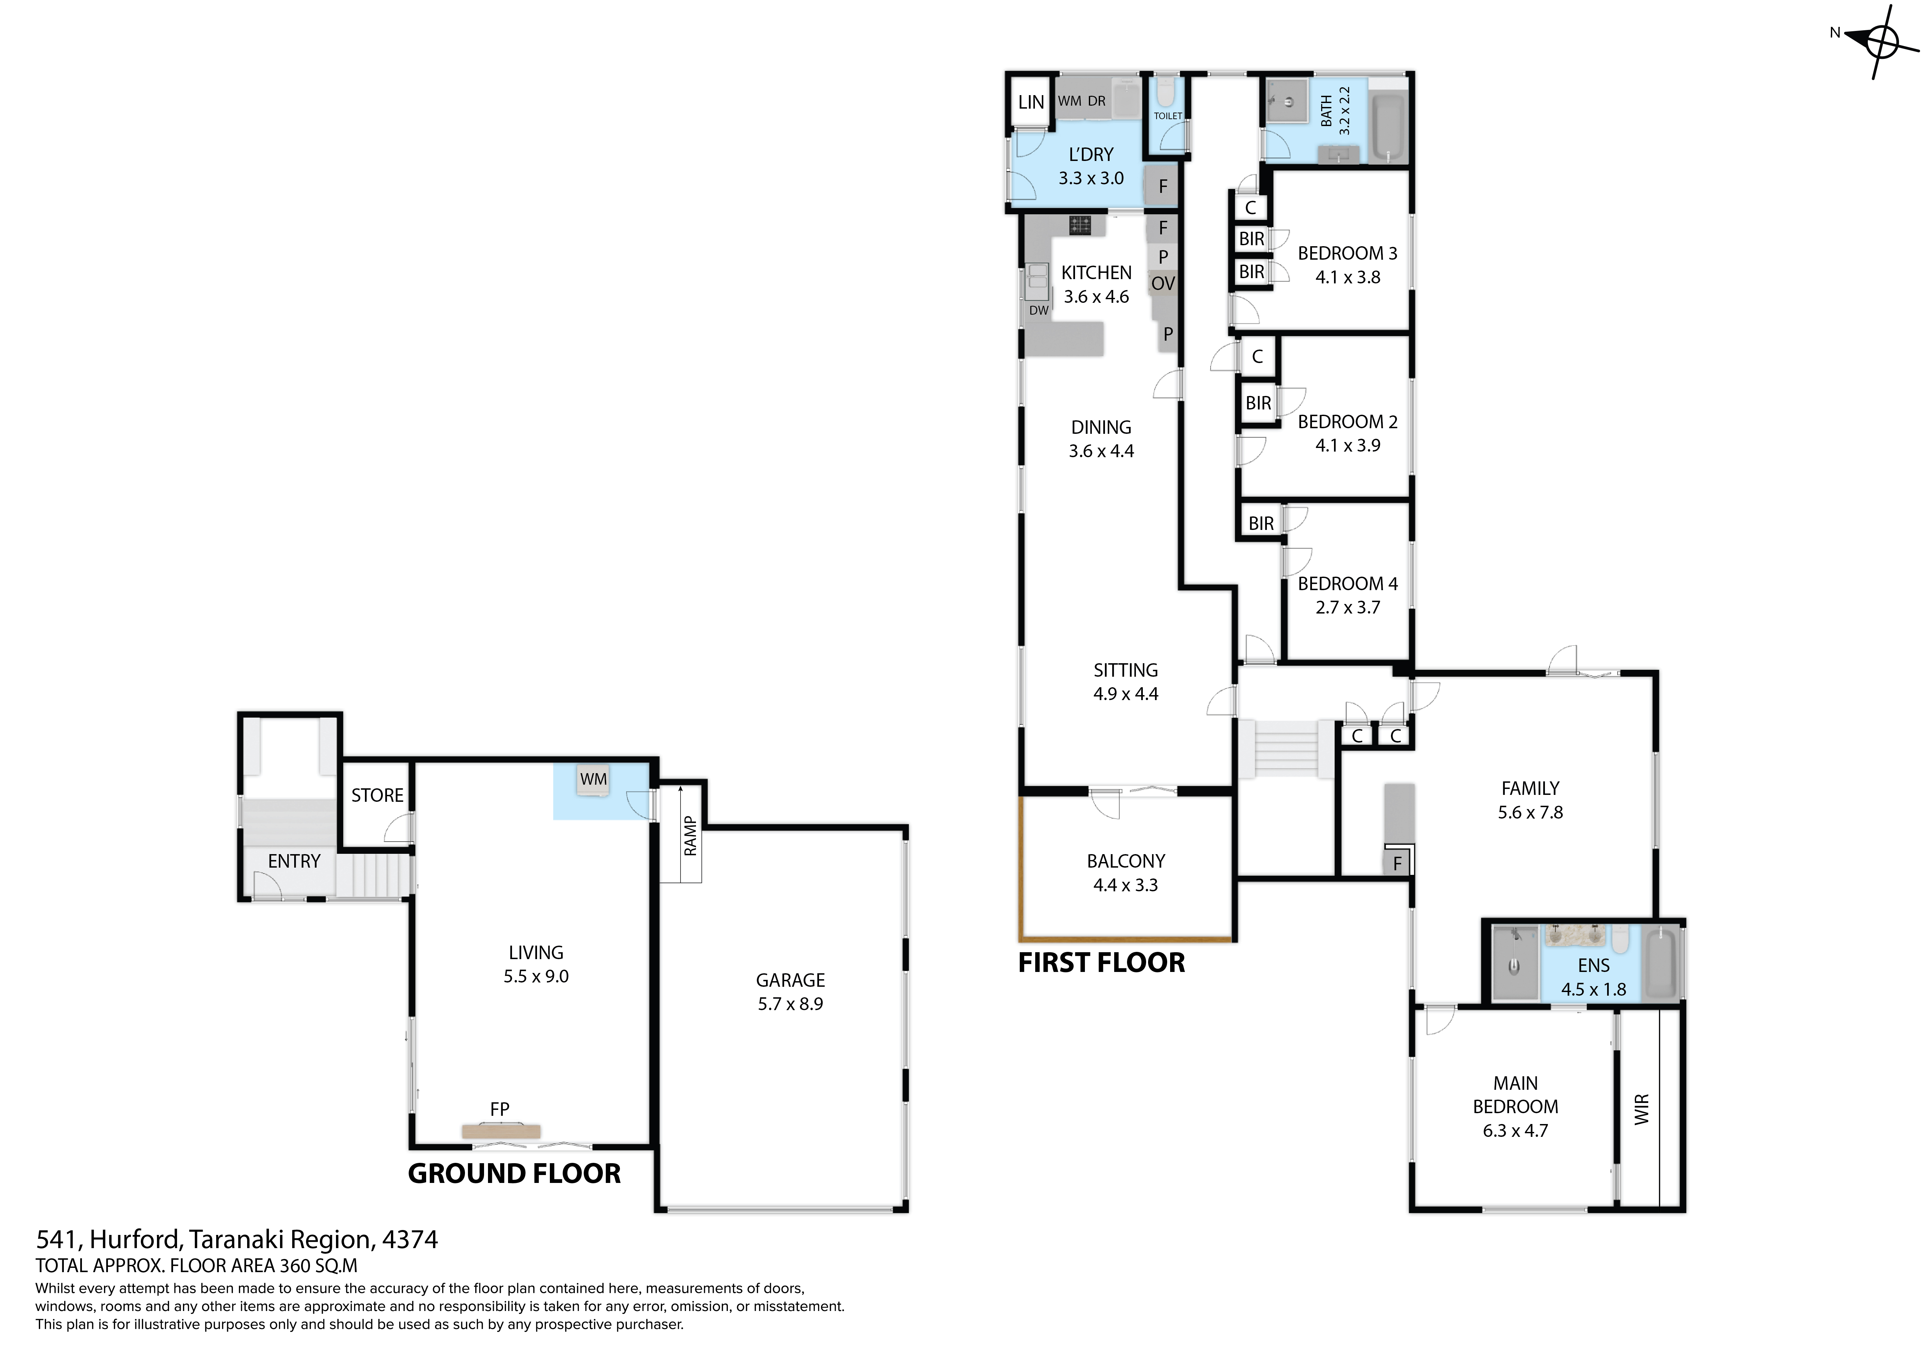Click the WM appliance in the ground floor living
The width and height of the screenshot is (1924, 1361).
593,780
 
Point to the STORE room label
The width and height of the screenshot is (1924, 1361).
377,795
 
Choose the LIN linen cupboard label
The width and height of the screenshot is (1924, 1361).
1031,102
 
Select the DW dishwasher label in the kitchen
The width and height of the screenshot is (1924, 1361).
1039,310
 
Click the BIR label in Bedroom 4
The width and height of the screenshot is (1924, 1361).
1261,524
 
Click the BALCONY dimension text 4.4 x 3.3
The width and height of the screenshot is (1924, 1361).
1125,885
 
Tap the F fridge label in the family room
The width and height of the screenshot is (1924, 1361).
1397,864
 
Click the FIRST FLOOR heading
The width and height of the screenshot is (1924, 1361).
1101,963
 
